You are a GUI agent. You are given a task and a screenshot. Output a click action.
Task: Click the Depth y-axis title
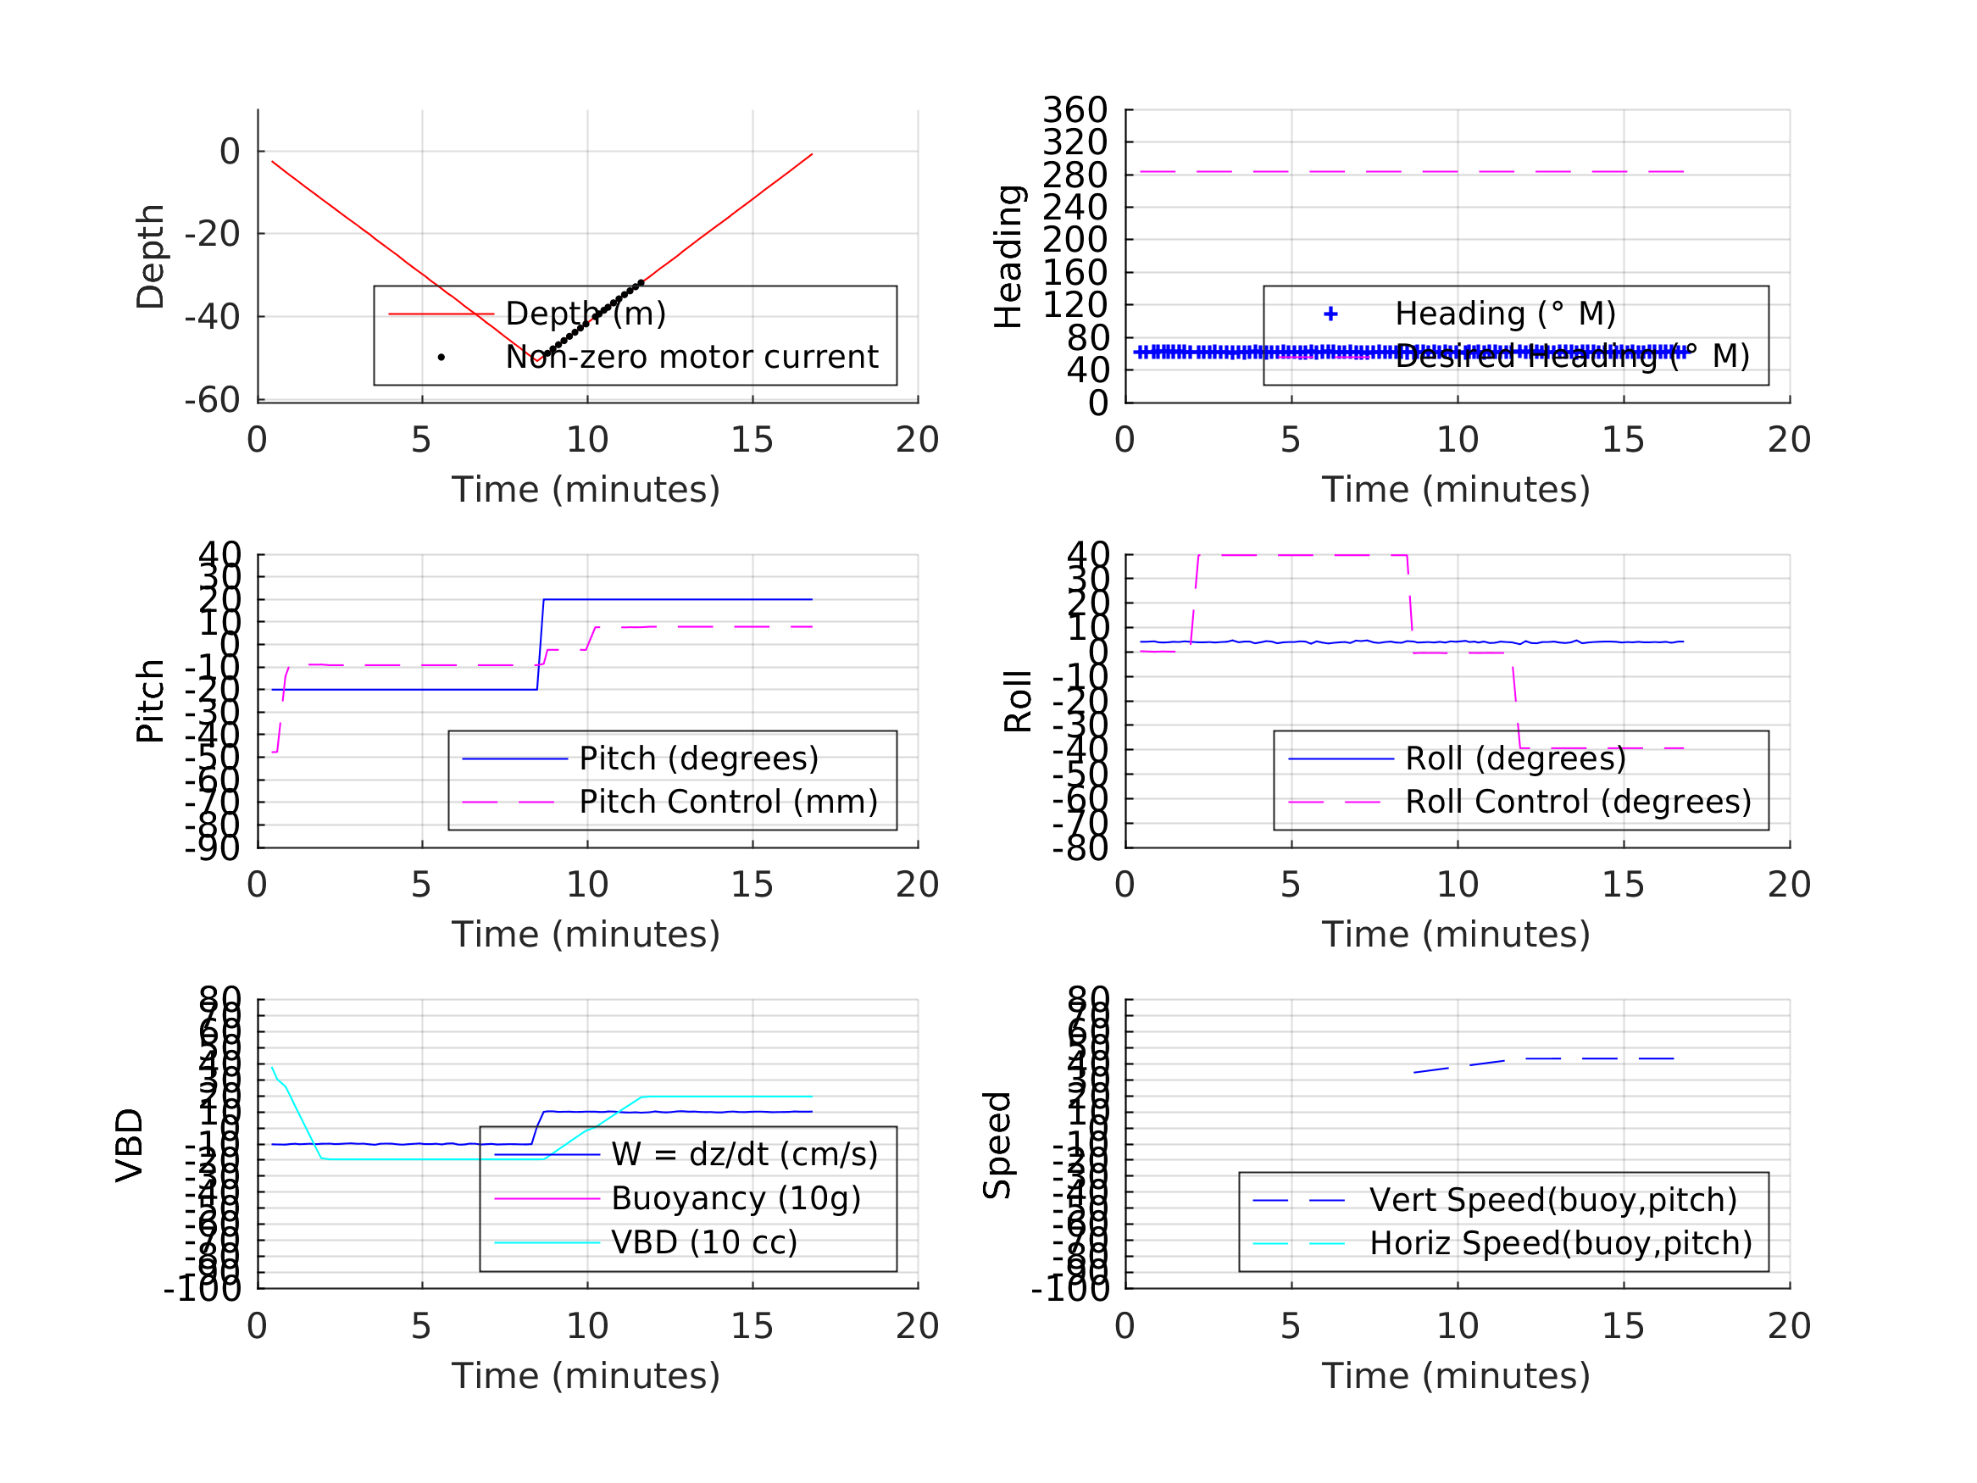pos(150,257)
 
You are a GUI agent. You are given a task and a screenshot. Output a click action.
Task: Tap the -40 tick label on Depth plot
pos(212,317)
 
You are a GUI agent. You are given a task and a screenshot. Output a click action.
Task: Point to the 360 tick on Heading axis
pos(1075,110)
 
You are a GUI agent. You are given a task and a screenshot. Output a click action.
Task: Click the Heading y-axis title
pos(1008,257)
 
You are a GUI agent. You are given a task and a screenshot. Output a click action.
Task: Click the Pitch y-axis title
pos(150,701)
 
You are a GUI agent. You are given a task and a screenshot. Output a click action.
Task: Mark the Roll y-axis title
pos(1018,701)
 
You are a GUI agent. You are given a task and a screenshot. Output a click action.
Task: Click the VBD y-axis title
pos(130,1145)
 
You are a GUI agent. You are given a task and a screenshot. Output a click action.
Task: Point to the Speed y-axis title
pos(997,1145)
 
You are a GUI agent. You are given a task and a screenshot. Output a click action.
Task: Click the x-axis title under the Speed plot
pos(1456,1375)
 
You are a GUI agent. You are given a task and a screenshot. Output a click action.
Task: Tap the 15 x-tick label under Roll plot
pos(1622,885)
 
